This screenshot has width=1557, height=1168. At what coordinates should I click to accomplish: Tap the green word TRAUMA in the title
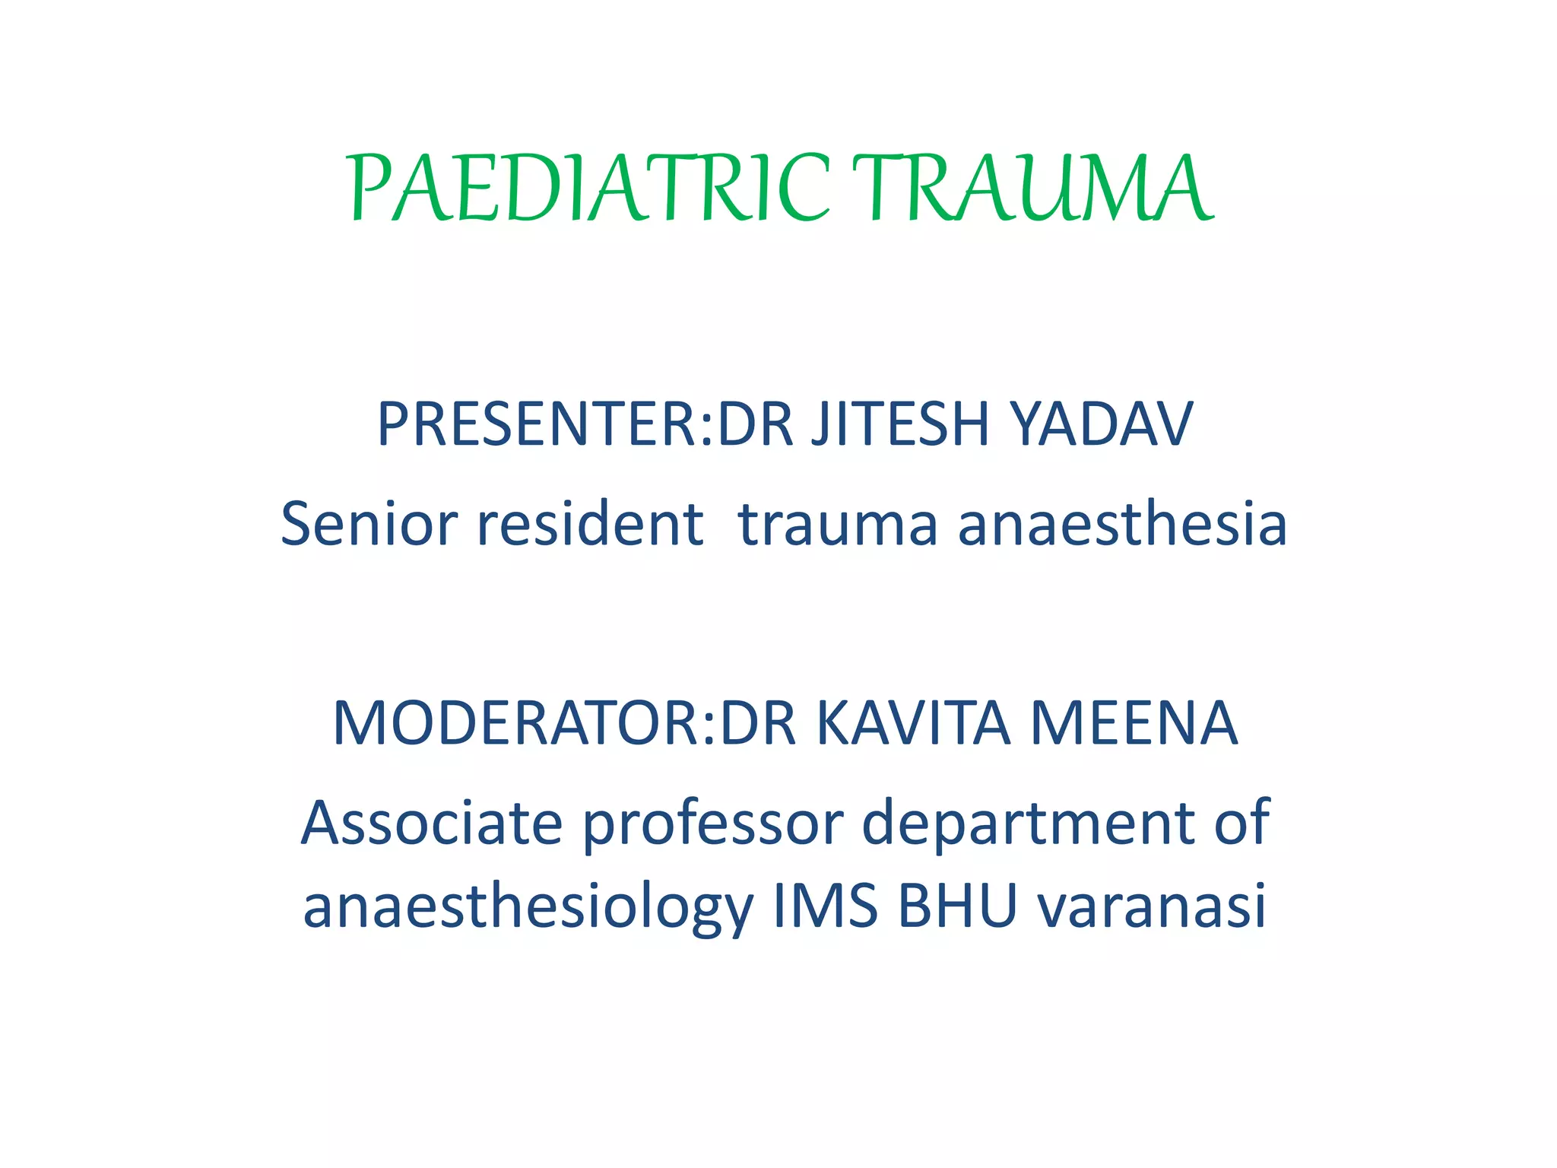click(x=1032, y=189)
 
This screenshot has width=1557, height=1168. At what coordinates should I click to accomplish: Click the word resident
click(x=590, y=524)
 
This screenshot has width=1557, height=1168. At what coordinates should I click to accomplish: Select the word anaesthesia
click(x=1122, y=524)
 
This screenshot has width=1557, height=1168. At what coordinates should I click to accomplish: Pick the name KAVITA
click(x=913, y=723)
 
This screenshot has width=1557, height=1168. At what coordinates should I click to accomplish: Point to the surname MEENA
click(x=1134, y=723)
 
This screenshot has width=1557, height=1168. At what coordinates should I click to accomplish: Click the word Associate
click(x=432, y=823)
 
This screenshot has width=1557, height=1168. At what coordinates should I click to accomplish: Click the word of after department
click(x=1241, y=823)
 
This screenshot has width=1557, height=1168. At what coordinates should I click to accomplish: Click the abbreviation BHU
click(x=957, y=906)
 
